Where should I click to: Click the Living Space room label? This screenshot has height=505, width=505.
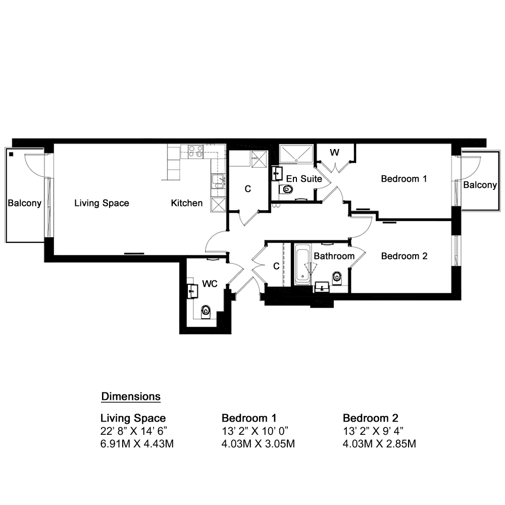pos(102,203)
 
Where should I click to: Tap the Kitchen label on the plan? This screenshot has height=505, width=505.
pos(187,203)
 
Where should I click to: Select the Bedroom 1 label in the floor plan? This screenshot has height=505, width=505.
pos(404,179)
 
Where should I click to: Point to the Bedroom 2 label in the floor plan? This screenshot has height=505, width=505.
pos(404,256)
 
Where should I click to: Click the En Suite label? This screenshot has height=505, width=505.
pos(304,179)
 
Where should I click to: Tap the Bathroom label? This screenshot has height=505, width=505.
pos(334,256)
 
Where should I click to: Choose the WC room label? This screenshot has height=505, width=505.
pos(210,284)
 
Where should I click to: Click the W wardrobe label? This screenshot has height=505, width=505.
pos(335,153)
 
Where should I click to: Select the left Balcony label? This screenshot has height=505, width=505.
pos(24,203)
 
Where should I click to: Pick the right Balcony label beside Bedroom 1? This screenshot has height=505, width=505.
pos(480,185)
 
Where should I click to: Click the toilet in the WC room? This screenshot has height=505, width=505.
pos(206,312)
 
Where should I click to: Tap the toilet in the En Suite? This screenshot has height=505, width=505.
pos(286,189)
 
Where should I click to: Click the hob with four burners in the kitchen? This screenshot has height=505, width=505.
pos(195,151)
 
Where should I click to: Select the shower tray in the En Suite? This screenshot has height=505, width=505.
pos(296,154)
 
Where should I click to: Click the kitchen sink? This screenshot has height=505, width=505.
pos(218,181)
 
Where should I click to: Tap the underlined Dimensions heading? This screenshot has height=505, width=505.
pos(131,396)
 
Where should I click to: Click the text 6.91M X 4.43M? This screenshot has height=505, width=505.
pos(137,444)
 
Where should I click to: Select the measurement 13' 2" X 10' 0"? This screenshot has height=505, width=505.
pos(255,431)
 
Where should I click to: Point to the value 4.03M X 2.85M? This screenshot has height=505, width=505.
pos(379,444)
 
